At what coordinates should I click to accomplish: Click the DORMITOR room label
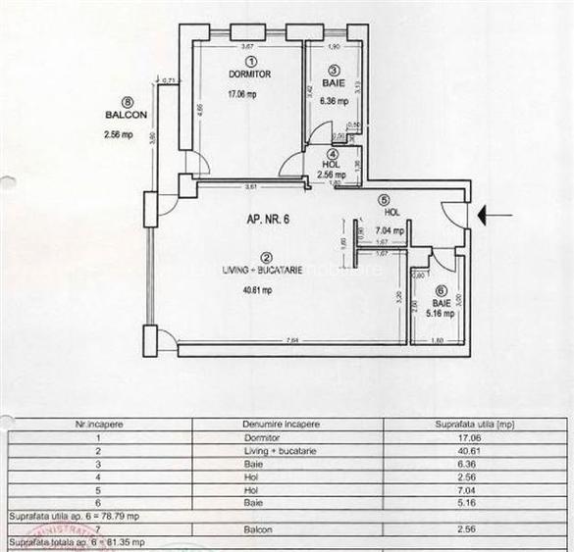pyautogui.click(x=249, y=75)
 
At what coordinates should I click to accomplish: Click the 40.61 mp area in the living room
pyautogui.click(x=257, y=290)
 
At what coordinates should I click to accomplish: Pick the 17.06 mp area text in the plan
pyautogui.click(x=241, y=96)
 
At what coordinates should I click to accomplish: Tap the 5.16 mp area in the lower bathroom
pyautogui.click(x=443, y=314)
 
